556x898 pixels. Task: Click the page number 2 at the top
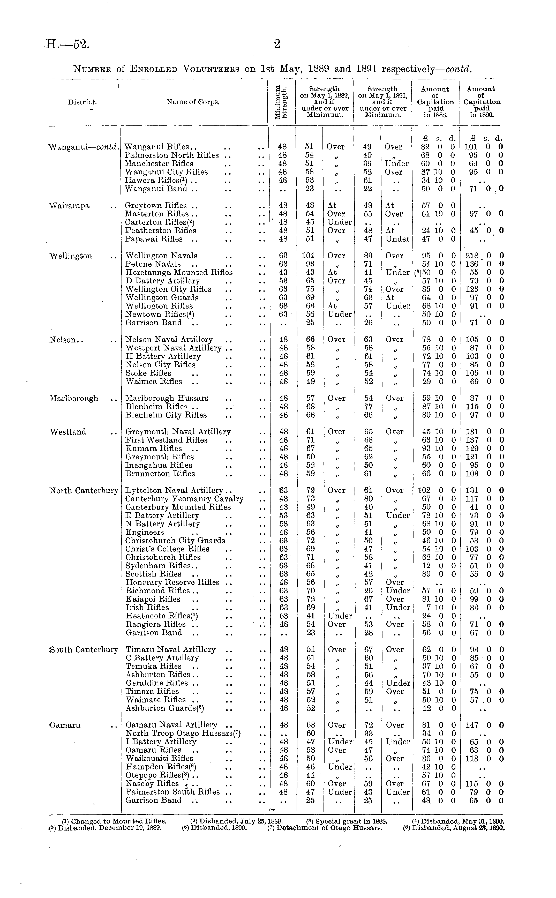tap(277, 44)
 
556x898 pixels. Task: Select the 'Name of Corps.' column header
tap(193, 102)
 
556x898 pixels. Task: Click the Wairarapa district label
tap(70, 206)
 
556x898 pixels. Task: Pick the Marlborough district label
tap(74, 398)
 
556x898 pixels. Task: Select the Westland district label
tap(68, 432)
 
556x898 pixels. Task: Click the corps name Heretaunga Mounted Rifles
tap(179, 273)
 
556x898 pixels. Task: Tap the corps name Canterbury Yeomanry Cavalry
tap(184, 499)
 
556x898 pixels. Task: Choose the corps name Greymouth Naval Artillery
tap(178, 432)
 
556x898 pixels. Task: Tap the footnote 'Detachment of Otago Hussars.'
tap(325, 828)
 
